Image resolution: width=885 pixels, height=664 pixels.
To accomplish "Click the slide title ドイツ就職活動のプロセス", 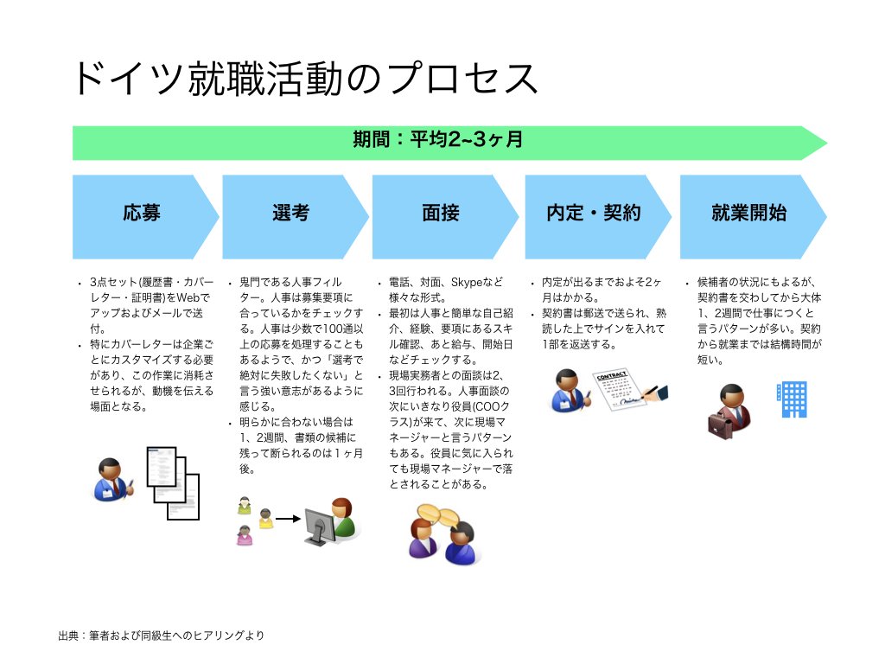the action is click(305, 79).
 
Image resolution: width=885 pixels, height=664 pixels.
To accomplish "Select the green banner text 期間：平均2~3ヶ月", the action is click(438, 139).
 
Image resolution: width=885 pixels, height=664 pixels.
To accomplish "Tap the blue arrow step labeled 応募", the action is click(145, 217).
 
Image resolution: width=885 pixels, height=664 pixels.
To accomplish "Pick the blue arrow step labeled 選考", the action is click(296, 217).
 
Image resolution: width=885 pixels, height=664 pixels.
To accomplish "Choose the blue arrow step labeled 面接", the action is click(445, 217).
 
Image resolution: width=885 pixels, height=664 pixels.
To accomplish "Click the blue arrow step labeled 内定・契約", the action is click(598, 217).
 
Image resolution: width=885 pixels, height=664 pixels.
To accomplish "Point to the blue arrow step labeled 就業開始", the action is click(754, 217).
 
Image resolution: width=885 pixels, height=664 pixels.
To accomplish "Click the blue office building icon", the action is click(793, 399).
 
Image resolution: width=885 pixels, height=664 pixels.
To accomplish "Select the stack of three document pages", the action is click(173, 483).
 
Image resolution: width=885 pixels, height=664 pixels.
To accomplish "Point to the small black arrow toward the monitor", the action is click(288, 519).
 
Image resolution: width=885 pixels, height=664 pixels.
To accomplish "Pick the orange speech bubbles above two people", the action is click(438, 514).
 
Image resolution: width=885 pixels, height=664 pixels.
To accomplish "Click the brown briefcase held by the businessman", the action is click(720, 425).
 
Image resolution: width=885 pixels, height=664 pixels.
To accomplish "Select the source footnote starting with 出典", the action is click(161, 635).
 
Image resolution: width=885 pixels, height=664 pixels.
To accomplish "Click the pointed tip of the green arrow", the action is click(827, 144).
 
